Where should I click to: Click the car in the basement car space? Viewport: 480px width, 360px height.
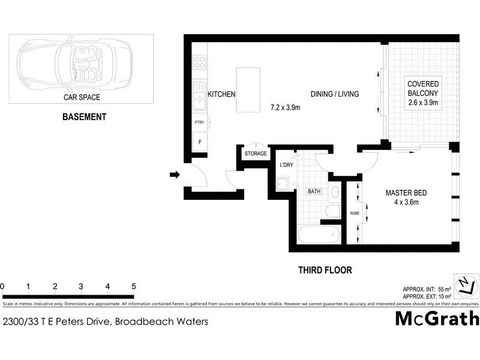pos(75,62)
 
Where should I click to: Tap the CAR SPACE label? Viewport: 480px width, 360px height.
pos(82,97)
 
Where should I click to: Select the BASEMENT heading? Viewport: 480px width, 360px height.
pos(84,117)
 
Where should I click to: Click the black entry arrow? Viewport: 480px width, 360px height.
pos(175,175)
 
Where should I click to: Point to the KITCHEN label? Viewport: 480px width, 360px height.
pos(221,94)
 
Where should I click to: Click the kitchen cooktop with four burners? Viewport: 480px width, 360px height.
pos(199,62)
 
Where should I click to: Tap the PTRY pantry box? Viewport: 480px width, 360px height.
pos(199,122)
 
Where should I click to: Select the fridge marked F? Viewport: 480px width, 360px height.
pos(199,142)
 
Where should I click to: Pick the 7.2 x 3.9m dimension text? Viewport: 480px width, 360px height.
pos(285,108)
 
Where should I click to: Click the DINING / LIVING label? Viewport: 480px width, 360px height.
pos(334,94)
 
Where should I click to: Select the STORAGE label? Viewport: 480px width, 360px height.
pos(256,154)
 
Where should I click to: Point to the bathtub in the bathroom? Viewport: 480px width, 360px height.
pos(319,233)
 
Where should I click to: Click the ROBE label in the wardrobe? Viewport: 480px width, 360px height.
pos(354,212)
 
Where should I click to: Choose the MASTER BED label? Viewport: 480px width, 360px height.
pos(406,193)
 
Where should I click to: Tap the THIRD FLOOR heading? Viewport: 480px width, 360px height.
pos(325,270)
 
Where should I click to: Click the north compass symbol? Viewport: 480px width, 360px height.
pos(465,285)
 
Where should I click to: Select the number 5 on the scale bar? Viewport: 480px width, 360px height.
pos(133,286)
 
